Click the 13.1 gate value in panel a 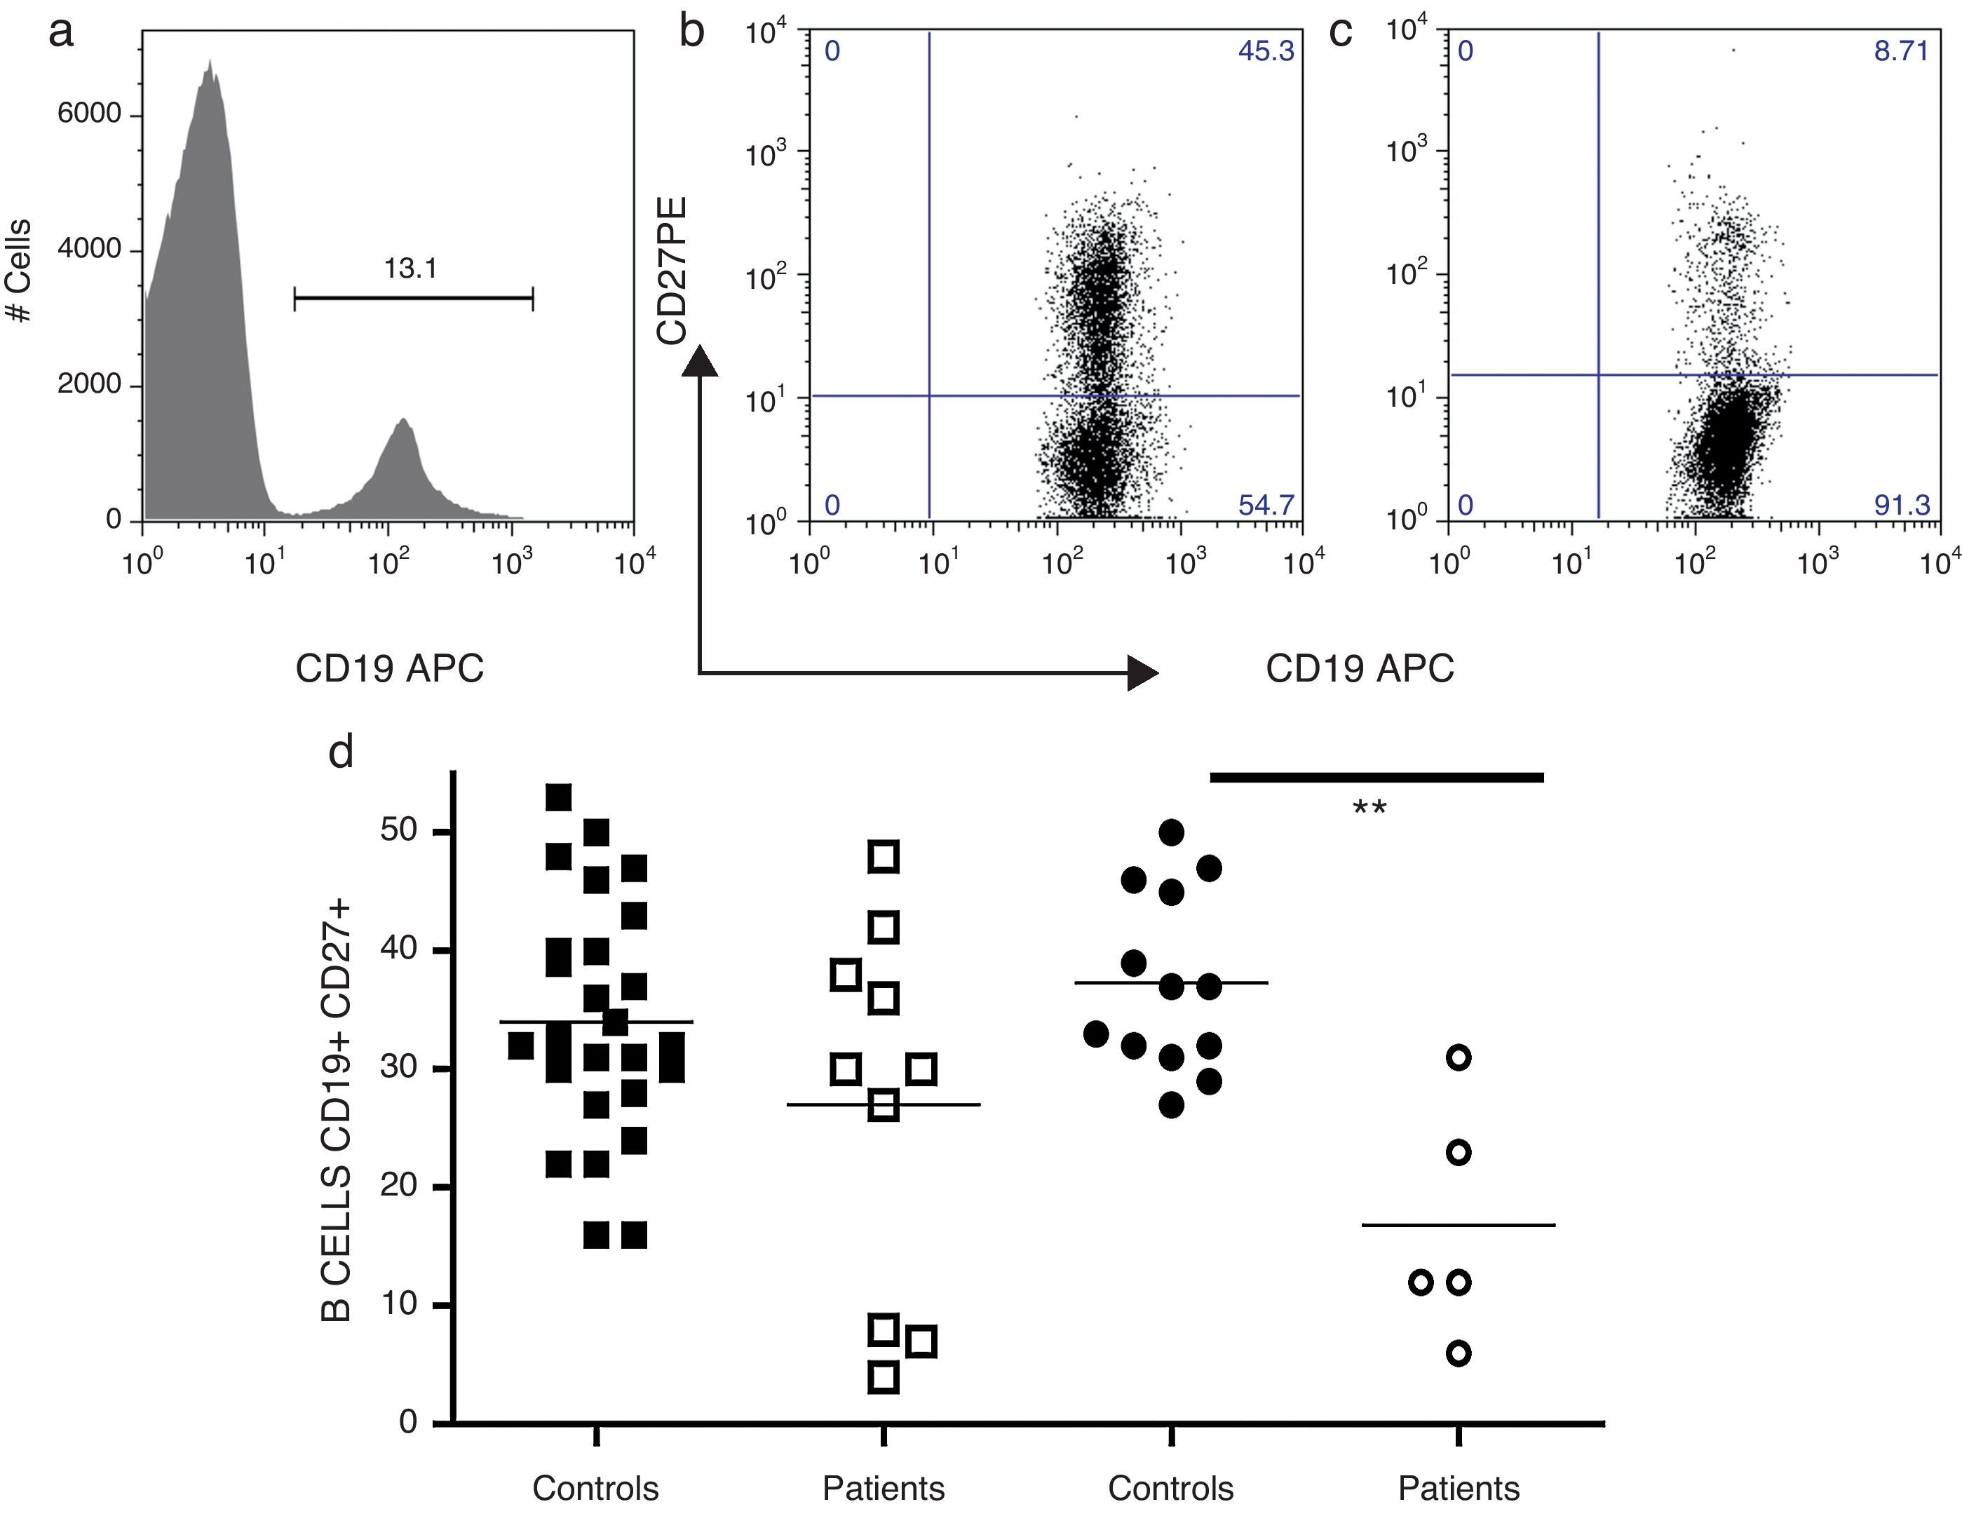(410, 268)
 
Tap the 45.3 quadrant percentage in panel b (1266, 51)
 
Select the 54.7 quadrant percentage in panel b (1266, 505)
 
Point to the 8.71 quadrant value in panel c (1901, 50)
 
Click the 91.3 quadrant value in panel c (1901, 505)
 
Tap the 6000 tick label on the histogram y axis (89, 114)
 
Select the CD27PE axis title (672, 271)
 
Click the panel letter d (341, 751)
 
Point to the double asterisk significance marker (1369, 809)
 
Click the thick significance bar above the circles (1376, 778)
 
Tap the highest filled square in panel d (559, 797)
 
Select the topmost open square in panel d (885, 857)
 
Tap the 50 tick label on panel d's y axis (399, 831)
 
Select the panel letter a (61, 33)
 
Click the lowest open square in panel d (885, 1376)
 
